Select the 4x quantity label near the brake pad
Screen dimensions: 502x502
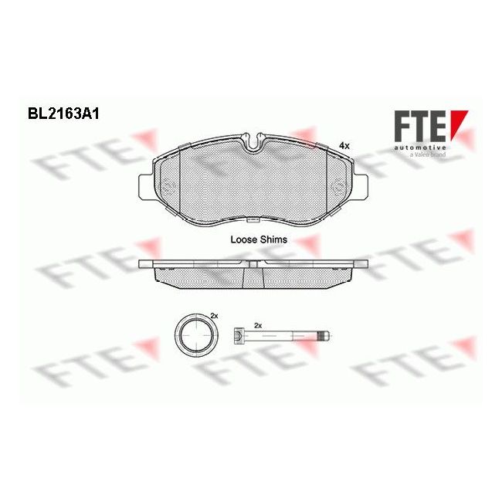(344, 145)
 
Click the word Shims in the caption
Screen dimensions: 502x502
(273, 239)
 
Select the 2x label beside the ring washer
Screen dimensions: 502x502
(215, 317)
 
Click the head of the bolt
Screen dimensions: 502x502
(239, 336)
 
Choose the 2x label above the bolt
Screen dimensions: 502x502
(259, 325)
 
